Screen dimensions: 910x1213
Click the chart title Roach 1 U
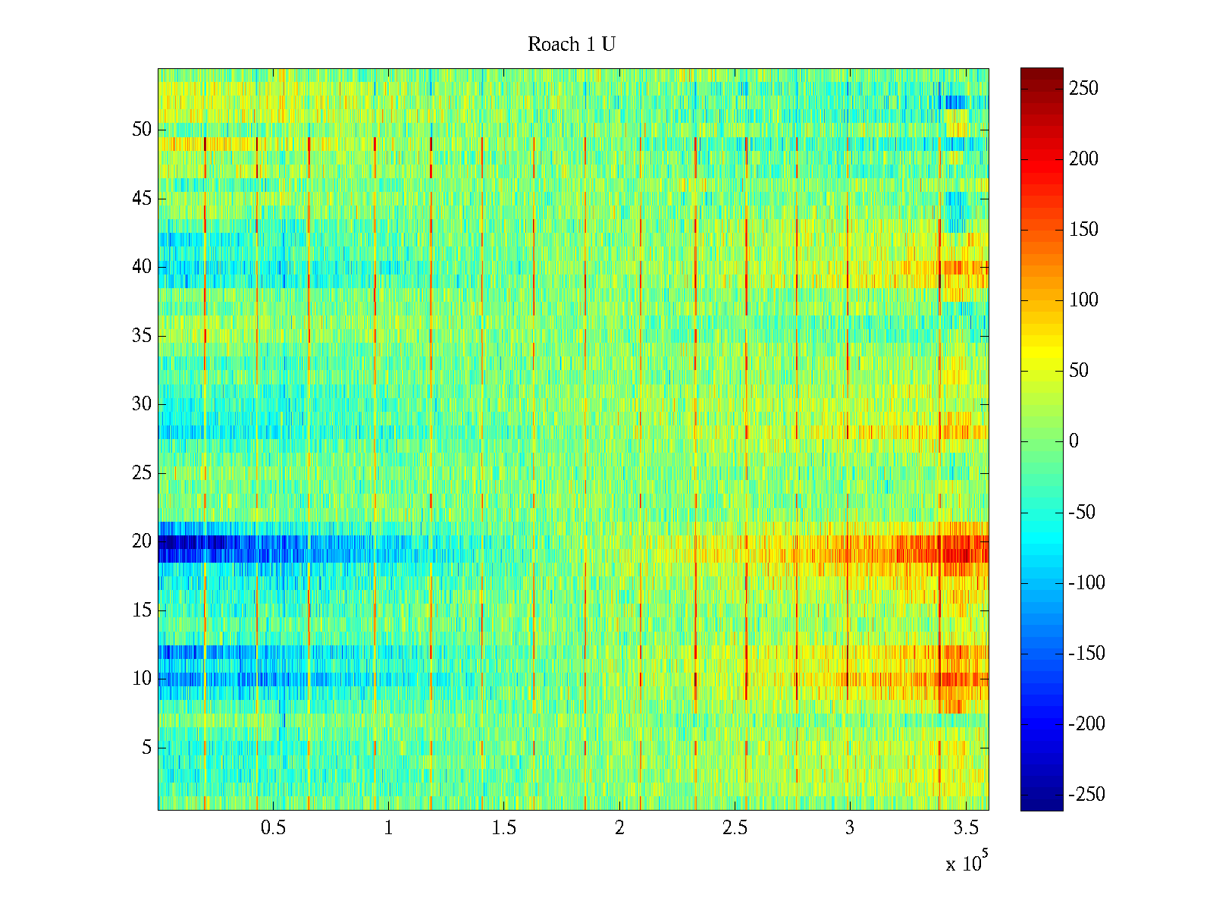pos(571,45)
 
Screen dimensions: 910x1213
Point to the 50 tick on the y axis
pos(142,130)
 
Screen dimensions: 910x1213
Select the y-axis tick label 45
pos(142,199)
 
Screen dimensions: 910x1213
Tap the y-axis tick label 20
pos(142,541)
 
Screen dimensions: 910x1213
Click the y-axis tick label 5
pos(146,748)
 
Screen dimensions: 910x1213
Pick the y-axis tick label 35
pos(142,336)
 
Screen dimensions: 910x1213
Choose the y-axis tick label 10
pos(142,679)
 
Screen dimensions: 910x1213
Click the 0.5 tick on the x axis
pos(273,828)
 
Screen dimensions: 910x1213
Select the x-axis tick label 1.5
pos(503,828)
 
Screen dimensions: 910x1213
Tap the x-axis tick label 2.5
pos(735,828)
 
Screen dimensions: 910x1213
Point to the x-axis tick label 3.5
pos(965,828)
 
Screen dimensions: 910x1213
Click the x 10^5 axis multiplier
pos(965,863)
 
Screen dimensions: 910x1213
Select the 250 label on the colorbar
pos(1083,89)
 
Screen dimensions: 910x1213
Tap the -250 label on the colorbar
pos(1086,795)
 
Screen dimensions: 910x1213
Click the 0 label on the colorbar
pos(1074,441)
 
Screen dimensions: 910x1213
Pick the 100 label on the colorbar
pos(1083,300)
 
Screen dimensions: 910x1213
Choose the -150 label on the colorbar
pos(1086,654)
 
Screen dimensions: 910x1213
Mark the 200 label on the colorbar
pos(1083,159)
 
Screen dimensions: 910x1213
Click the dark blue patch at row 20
pos(190,542)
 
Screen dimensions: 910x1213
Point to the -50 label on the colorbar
pos(1083,513)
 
